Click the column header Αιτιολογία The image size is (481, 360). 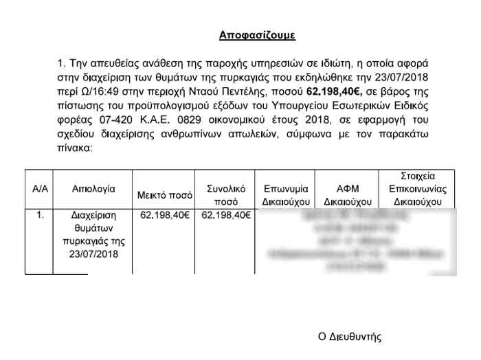[93, 188]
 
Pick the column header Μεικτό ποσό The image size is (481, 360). [164, 193]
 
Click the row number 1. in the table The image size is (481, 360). [39, 215]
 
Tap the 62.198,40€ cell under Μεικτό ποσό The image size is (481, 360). [164, 215]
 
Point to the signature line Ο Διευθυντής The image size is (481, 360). [349, 337]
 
